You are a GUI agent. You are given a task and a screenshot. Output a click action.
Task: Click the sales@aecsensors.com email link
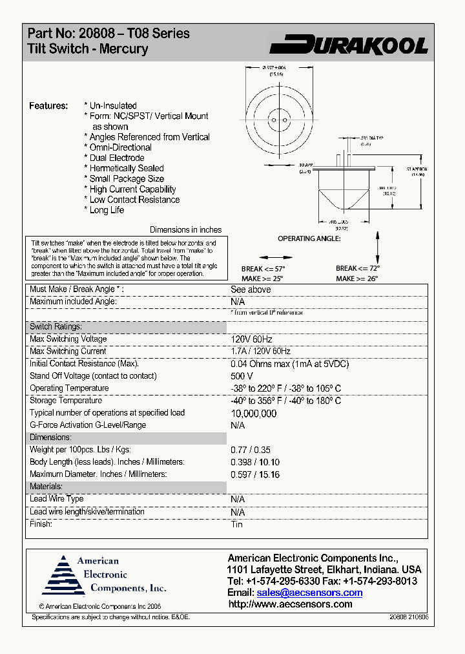[309, 593]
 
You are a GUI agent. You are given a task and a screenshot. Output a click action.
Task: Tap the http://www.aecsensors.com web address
[291, 604]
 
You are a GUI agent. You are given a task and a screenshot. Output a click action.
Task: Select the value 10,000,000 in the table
[254, 414]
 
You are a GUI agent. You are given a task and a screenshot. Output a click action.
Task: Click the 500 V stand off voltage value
[242, 376]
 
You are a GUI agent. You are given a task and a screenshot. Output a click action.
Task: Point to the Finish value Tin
[236, 524]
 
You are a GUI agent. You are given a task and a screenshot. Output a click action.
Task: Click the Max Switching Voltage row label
[68, 339]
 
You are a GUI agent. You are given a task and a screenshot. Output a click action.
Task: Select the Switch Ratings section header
[56, 327]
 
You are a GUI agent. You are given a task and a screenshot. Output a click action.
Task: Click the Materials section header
[46, 487]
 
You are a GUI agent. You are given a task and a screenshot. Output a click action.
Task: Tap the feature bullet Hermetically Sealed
[127, 168]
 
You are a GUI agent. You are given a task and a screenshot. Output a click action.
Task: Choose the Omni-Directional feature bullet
[120, 147]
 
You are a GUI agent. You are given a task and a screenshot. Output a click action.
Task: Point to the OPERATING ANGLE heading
[309, 238]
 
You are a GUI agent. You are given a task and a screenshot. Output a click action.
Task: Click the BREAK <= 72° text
[358, 268]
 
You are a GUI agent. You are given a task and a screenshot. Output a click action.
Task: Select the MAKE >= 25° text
[262, 279]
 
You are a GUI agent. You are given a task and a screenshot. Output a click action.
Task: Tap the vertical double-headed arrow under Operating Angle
[377, 246]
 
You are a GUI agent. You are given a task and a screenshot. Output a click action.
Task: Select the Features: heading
[48, 105]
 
